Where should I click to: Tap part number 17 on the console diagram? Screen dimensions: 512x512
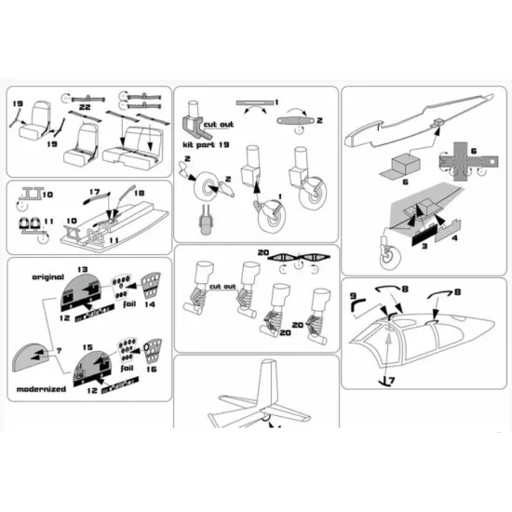[x=95, y=193]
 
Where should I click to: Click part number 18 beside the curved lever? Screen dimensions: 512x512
[x=141, y=193]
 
